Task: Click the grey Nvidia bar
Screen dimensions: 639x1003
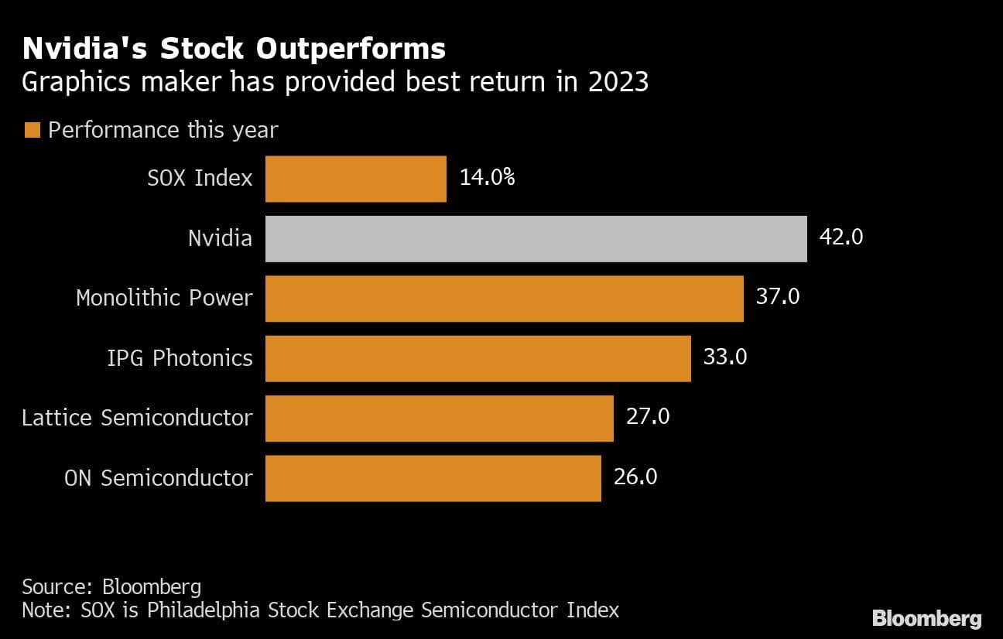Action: point(536,238)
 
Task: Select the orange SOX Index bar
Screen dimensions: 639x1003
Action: point(356,179)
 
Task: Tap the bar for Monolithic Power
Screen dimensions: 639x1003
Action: point(504,299)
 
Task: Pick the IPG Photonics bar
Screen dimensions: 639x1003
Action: point(478,358)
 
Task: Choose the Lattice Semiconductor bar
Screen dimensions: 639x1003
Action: point(439,419)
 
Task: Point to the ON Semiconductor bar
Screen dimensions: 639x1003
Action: point(433,478)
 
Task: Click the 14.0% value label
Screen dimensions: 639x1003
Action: point(487,178)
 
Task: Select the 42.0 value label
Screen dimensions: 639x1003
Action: point(840,237)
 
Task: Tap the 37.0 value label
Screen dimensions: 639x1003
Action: point(777,297)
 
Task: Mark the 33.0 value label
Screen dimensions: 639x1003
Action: point(724,357)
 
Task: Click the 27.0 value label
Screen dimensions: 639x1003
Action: point(647,417)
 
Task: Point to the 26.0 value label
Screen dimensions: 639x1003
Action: point(635,477)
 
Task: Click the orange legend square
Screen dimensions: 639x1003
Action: point(32,130)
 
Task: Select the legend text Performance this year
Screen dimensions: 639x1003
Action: point(163,130)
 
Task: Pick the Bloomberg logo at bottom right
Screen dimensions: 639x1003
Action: point(926,618)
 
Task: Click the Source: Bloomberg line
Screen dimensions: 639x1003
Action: point(111,586)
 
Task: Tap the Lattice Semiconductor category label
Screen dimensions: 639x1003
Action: point(137,418)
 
